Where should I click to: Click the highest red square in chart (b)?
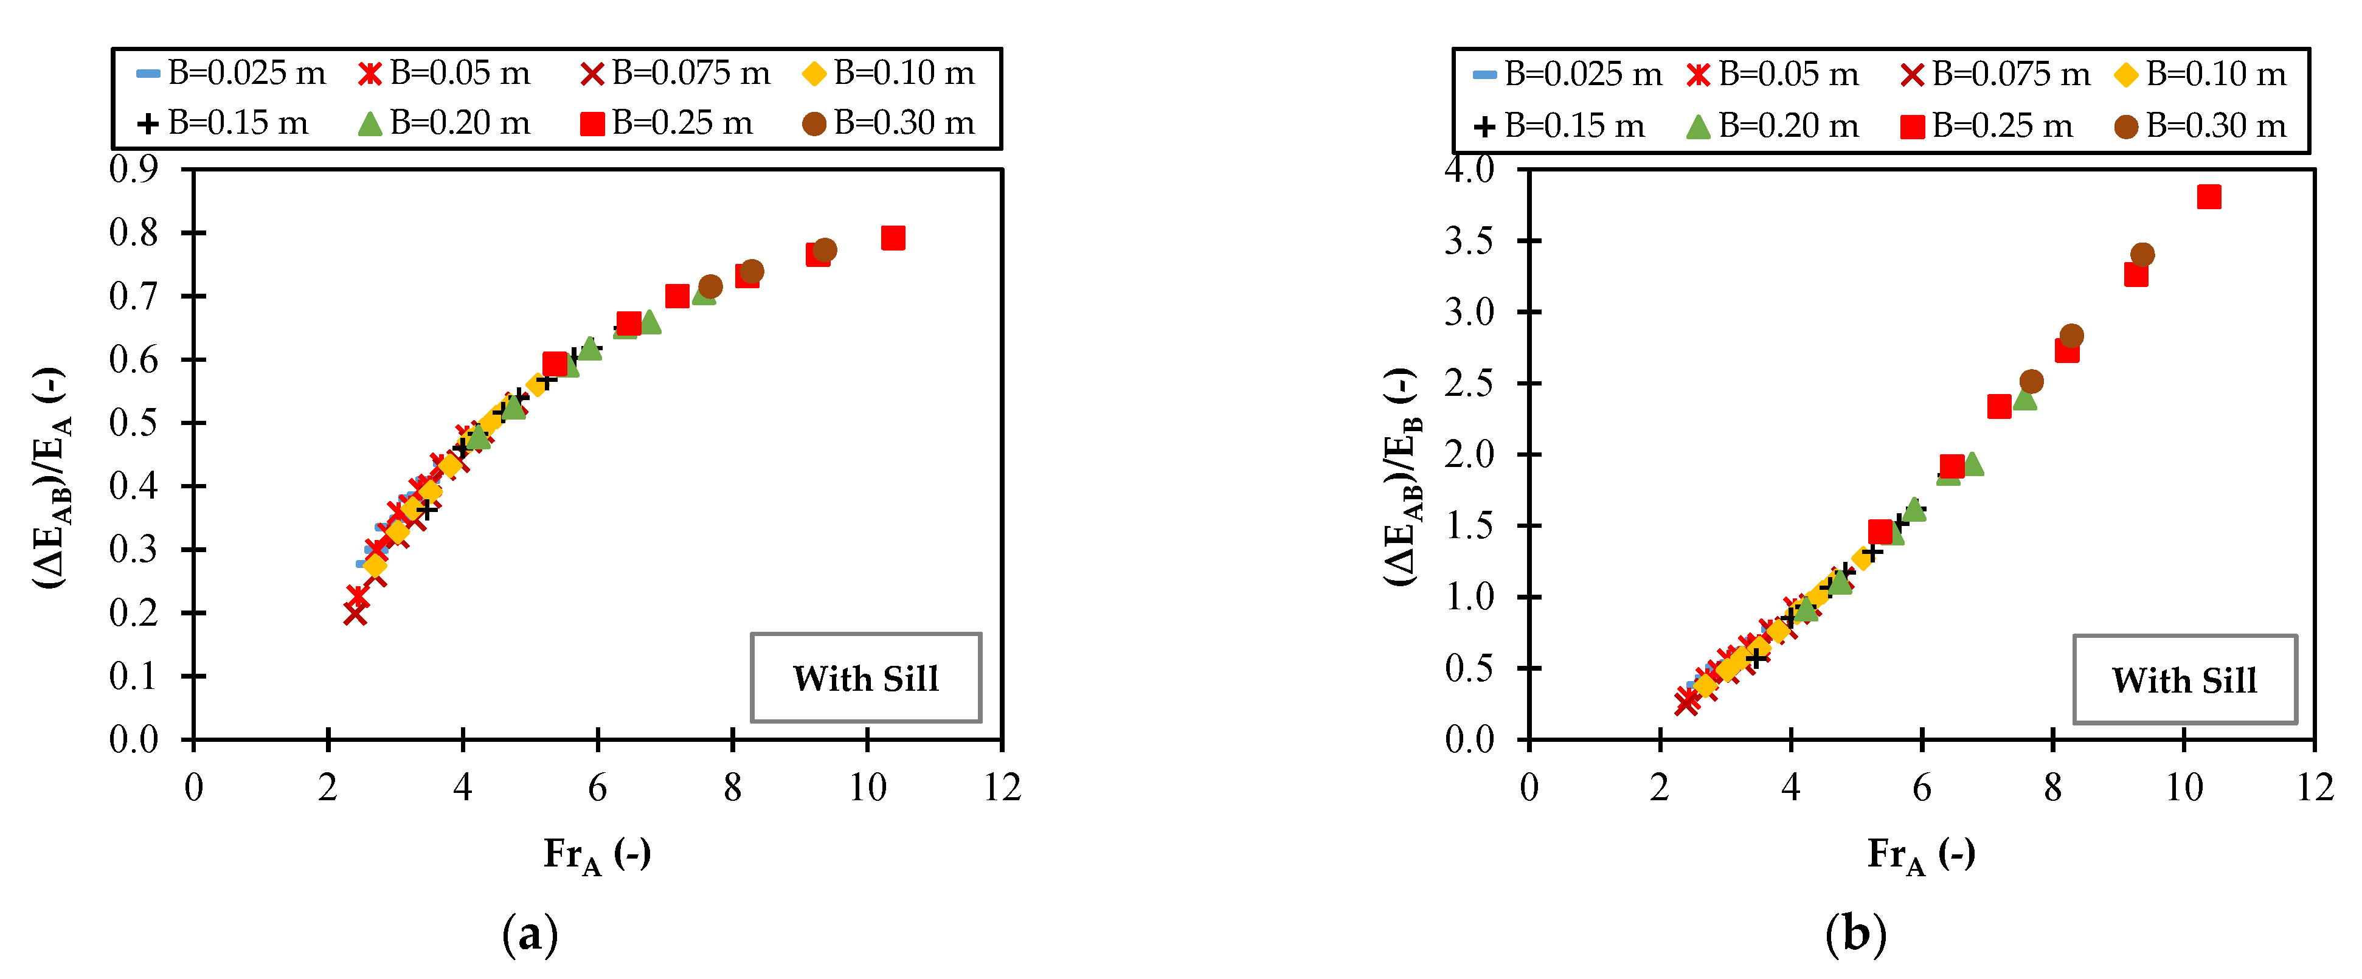tap(2208, 196)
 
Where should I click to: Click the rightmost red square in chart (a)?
tap(892, 238)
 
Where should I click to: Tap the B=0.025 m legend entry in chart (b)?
tap(1567, 74)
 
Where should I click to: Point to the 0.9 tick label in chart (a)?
tap(133, 168)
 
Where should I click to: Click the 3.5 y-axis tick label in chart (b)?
tap(1468, 241)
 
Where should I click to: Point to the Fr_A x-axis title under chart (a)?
tap(597, 854)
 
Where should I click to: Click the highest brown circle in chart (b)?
tap(2142, 255)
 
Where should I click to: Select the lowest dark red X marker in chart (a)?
tap(356, 614)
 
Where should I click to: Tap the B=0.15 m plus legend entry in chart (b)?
tap(1558, 126)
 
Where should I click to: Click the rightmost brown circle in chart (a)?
tap(824, 251)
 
